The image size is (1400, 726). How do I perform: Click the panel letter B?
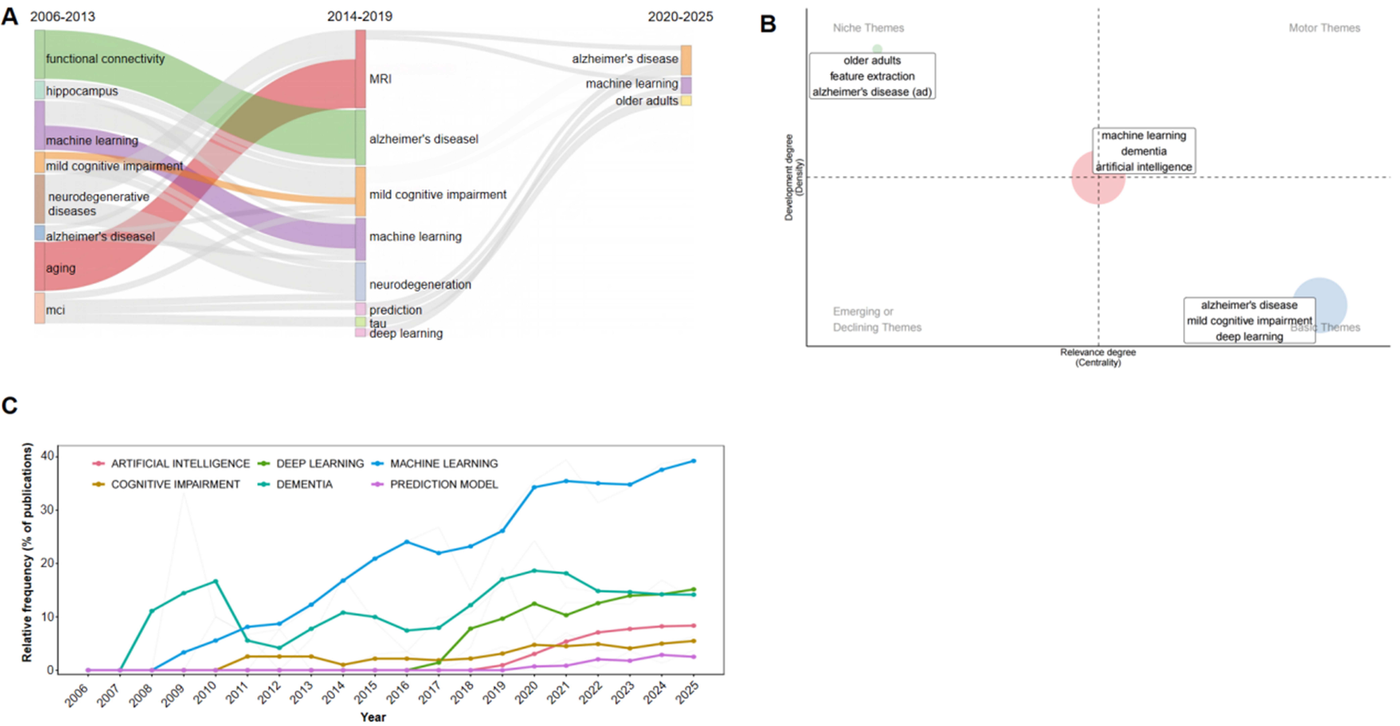coord(768,24)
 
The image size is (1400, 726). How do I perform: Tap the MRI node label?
coord(380,79)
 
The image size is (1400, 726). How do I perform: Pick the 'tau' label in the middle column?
coord(378,323)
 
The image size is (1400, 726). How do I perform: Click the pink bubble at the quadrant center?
coord(1098,178)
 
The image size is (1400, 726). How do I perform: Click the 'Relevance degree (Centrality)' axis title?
coord(1098,357)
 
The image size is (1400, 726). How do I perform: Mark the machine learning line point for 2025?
coord(693,461)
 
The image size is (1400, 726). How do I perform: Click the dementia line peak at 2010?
coord(215,581)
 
